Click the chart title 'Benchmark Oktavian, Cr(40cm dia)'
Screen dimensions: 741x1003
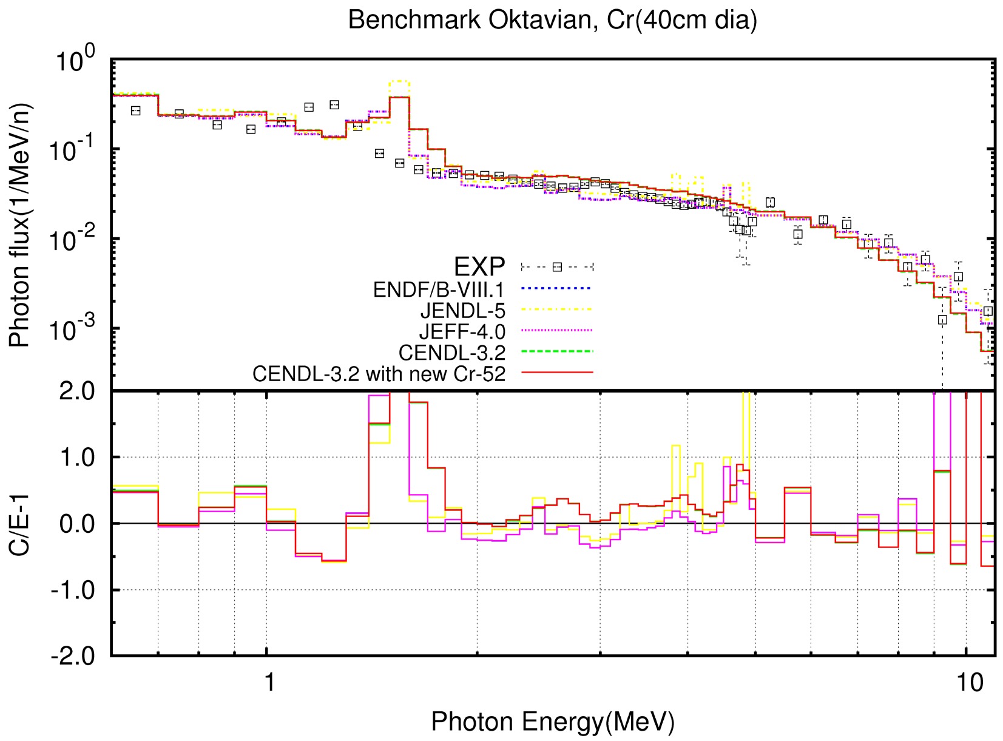(552, 20)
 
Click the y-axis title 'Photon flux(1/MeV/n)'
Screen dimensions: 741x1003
(20, 225)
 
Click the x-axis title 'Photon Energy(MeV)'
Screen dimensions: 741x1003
(552, 722)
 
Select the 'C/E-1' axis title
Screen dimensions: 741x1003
(20, 523)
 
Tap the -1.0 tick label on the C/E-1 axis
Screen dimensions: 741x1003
(73, 589)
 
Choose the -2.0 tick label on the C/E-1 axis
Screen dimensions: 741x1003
(73, 655)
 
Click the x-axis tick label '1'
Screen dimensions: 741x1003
(268, 682)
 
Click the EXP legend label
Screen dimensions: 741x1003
(479, 266)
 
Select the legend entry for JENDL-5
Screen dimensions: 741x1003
(462, 311)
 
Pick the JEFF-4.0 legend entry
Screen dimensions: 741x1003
(462, 331)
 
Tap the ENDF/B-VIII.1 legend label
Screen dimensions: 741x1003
(439, 289)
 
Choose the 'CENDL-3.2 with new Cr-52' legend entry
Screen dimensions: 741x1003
(379, 373)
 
